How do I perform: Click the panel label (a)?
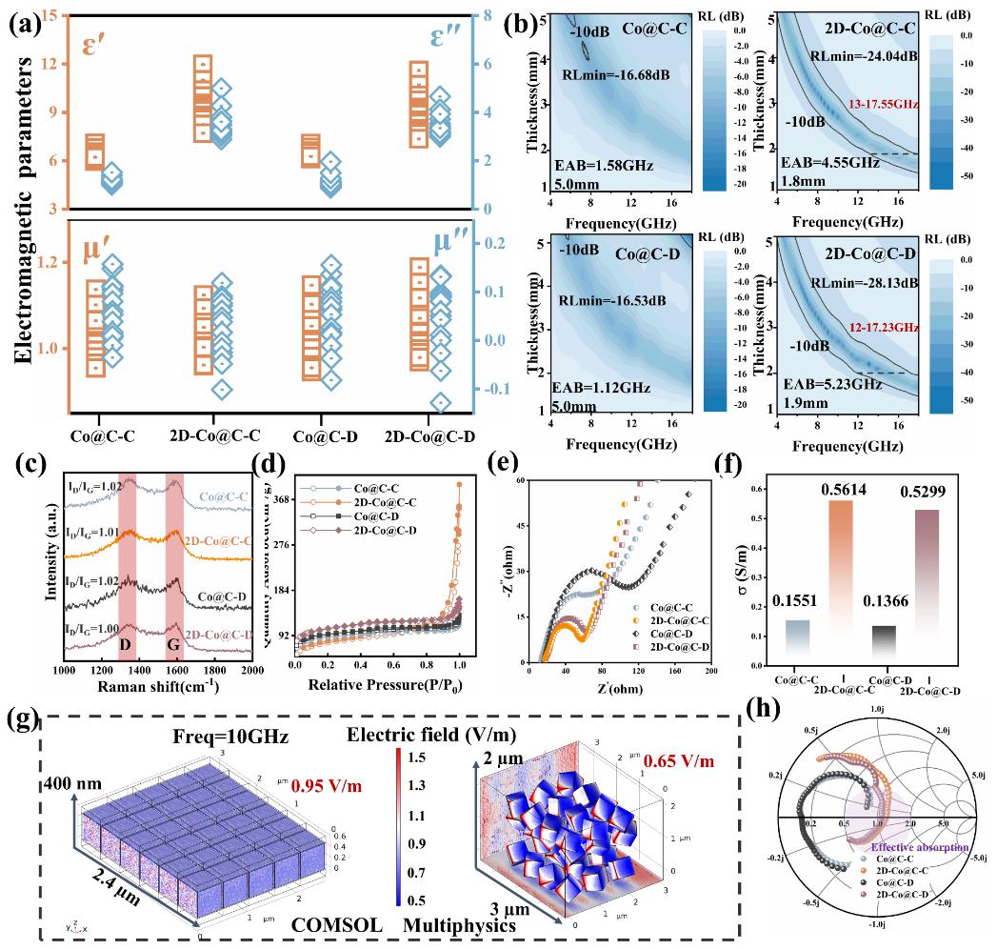coord(23,22)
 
